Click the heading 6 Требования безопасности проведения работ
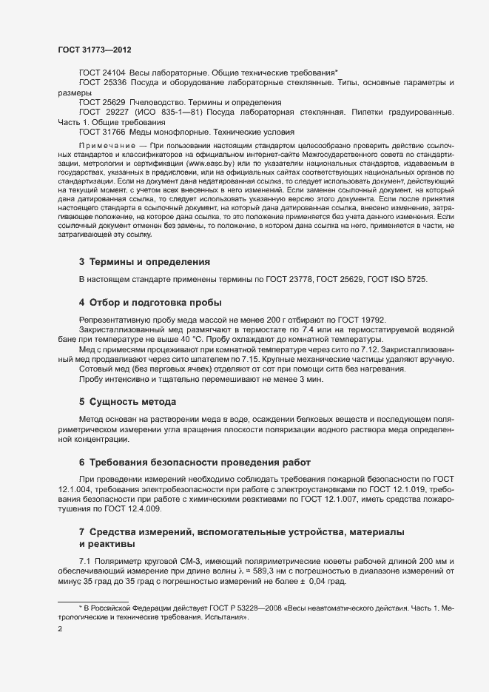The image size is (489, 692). coord(195,462)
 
